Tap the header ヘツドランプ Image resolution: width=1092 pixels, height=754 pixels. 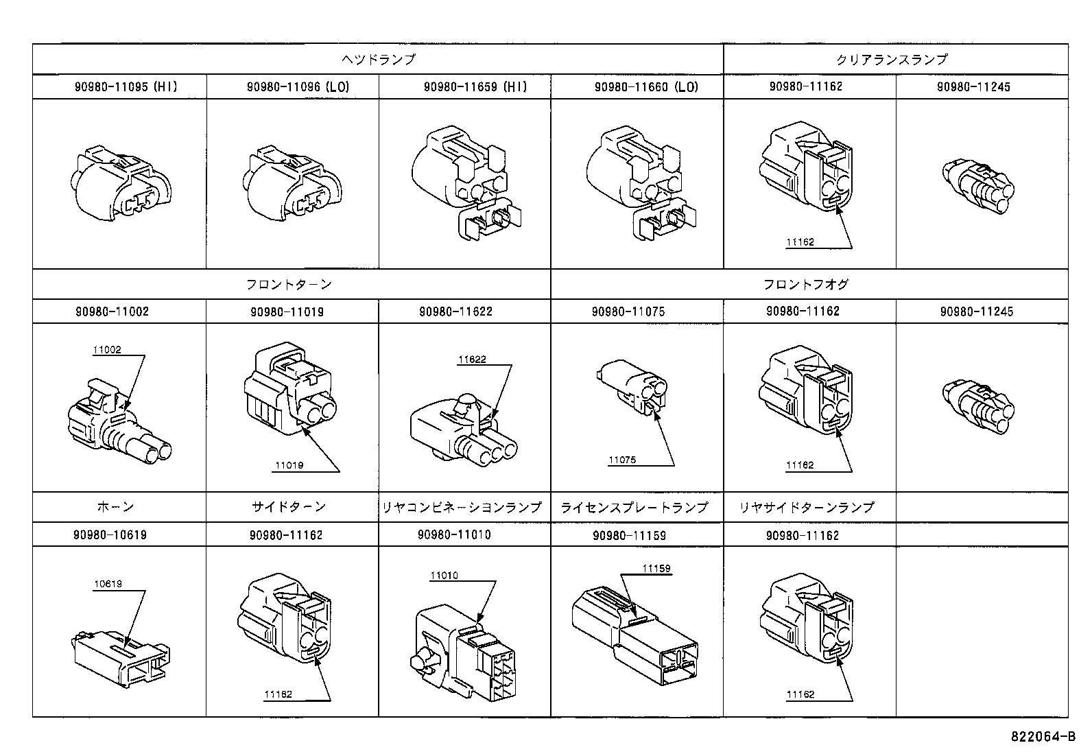click(378, 60)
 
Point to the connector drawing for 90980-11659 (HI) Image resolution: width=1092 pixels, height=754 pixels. click(464, 182)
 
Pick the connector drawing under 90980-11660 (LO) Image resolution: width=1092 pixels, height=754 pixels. click(639, 182)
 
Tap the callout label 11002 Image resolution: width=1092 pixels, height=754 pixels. click(107, 350)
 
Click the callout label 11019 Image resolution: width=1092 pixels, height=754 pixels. click(289, 466)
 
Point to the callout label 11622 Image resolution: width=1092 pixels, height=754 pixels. click(472, 359)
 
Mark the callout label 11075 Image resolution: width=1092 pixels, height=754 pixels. click(622, 460)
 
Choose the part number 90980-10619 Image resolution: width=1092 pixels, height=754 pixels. click(110, 535)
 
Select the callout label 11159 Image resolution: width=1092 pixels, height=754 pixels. click(656, 569)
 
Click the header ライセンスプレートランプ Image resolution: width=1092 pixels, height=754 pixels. click(634, 508)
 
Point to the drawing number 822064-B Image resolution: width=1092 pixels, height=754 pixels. click(1042, 738)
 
